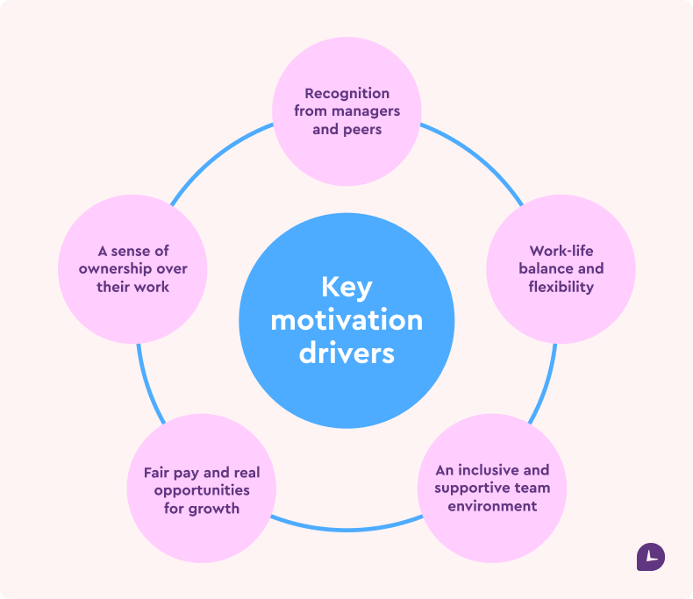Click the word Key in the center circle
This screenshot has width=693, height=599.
click(x=346, y=288)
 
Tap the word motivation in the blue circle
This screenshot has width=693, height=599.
click(x=346, y=320)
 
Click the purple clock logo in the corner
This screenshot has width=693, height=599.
click(x=650, y=557)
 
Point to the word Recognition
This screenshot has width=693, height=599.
click(x=347, y=93)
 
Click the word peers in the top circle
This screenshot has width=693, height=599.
click(x=364, y=129)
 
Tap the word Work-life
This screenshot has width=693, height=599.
click(x=561, y=251)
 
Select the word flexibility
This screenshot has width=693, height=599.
click(x=561, y=287)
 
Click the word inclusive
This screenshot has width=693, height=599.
click(x=492, y=470)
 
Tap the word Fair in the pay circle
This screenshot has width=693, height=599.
click(x=158, y=473)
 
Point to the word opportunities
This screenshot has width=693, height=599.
click(x=202, y=490)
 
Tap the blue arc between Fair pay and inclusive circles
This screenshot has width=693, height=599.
click(x=346, y=531)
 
